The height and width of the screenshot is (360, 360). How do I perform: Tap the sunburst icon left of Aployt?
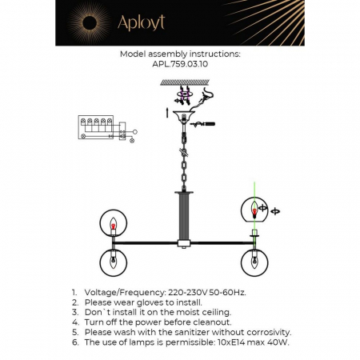pos(86,22)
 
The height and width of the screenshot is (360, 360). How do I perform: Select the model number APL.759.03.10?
pos(179,66)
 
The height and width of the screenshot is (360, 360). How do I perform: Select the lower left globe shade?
pos(113,262)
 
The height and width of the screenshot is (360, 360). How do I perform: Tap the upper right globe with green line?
pos(254,210)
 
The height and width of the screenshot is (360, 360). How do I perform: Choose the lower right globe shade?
pos(254,262)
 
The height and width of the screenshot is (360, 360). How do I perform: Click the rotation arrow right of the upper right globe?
pos(276,211)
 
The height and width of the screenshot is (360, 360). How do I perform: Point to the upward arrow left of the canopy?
pos(166,110)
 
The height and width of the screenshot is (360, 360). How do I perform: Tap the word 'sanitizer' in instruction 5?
pos(185,331)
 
